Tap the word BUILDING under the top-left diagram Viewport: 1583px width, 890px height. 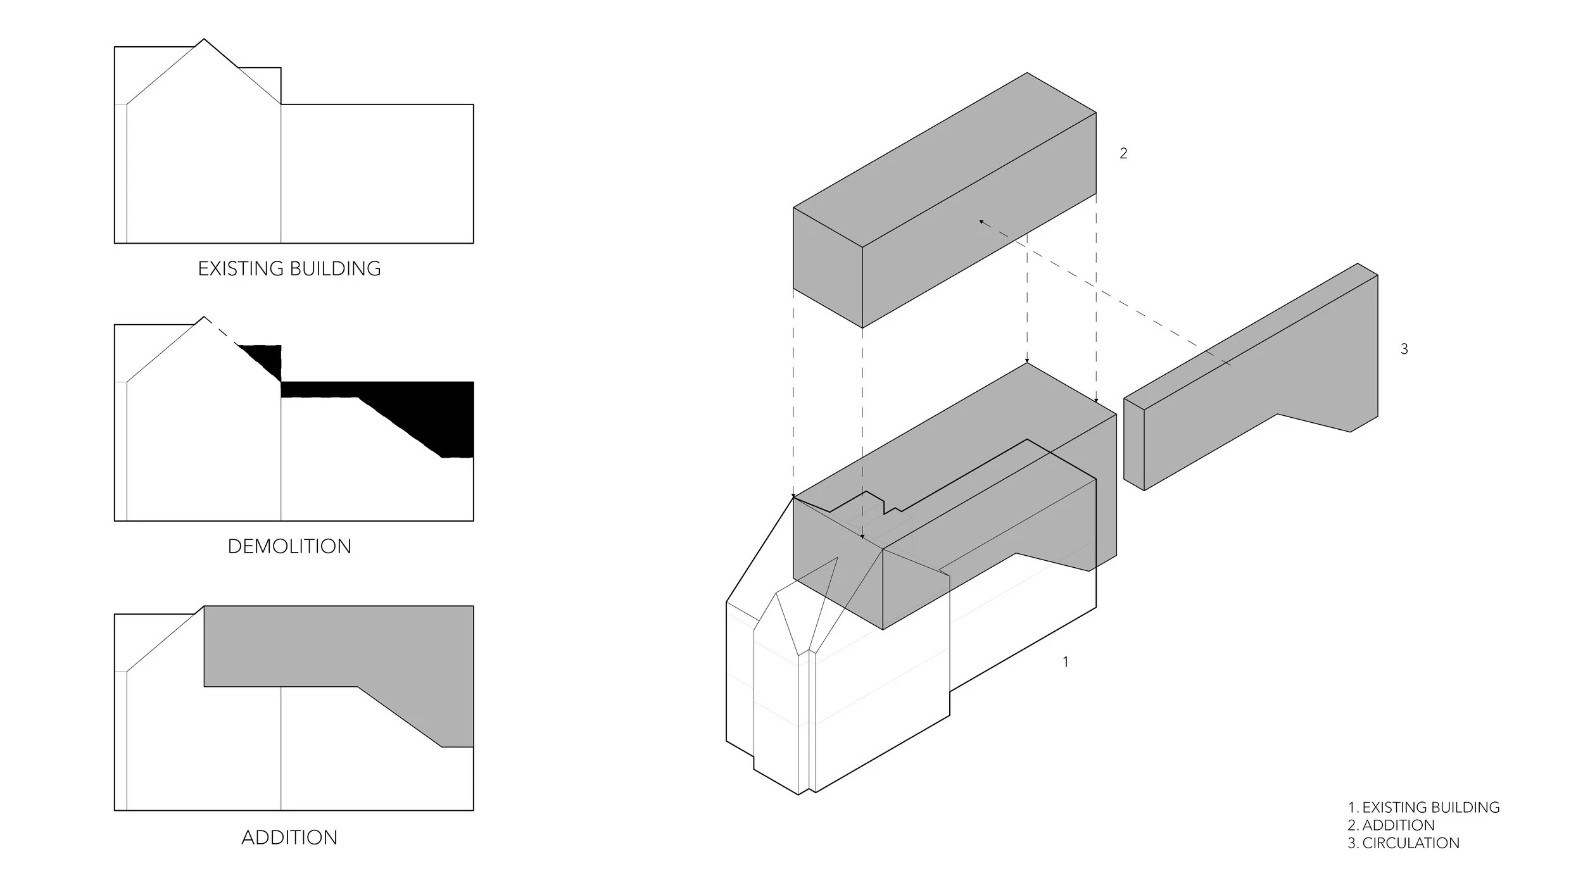[x=336, y=268]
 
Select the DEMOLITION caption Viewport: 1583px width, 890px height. [x=289, y=546]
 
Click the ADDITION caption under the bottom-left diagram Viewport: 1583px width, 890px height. [x=289, y=837]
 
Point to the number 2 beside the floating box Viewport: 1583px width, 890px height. [x=1123, y=153]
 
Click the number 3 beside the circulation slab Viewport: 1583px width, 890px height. [x=1404, y=349]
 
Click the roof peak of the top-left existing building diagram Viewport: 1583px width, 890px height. [x=204, y=39]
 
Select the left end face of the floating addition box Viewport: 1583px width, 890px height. [x=828, y=267]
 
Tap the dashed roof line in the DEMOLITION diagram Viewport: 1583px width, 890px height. [x=221, y=331]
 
